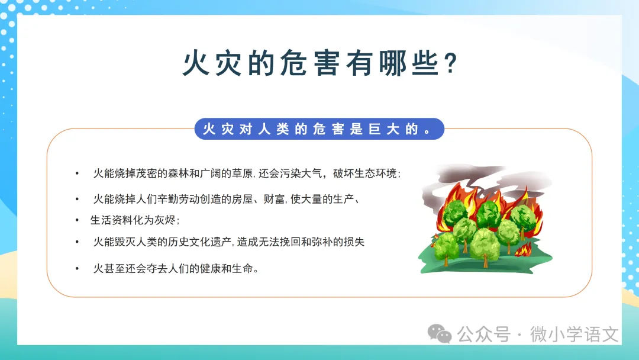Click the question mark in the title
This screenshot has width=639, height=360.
tap(450, 63)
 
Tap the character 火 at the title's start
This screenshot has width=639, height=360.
tap(196, 63)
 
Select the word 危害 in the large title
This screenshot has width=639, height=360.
tap(309, 63)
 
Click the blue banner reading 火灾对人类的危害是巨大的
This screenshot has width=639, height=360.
tap(319, 129)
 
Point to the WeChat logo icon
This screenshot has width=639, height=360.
tap(439, 334)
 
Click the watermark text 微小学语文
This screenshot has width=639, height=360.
tap(574, 335)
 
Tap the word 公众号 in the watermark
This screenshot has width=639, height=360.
tap(484, 335)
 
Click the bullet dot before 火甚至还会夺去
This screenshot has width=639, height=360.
tap(77, 269)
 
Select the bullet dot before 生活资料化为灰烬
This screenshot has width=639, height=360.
tap(77, 220)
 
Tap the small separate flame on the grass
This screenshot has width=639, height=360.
tap(523, 249)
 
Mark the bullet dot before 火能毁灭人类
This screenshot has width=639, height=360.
tap(77, 242)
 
